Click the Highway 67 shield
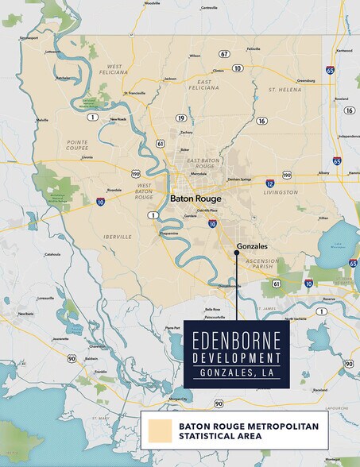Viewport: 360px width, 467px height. point(225,54)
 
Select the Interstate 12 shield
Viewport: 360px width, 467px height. point(270,183)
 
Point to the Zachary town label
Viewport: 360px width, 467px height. point(186,132)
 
